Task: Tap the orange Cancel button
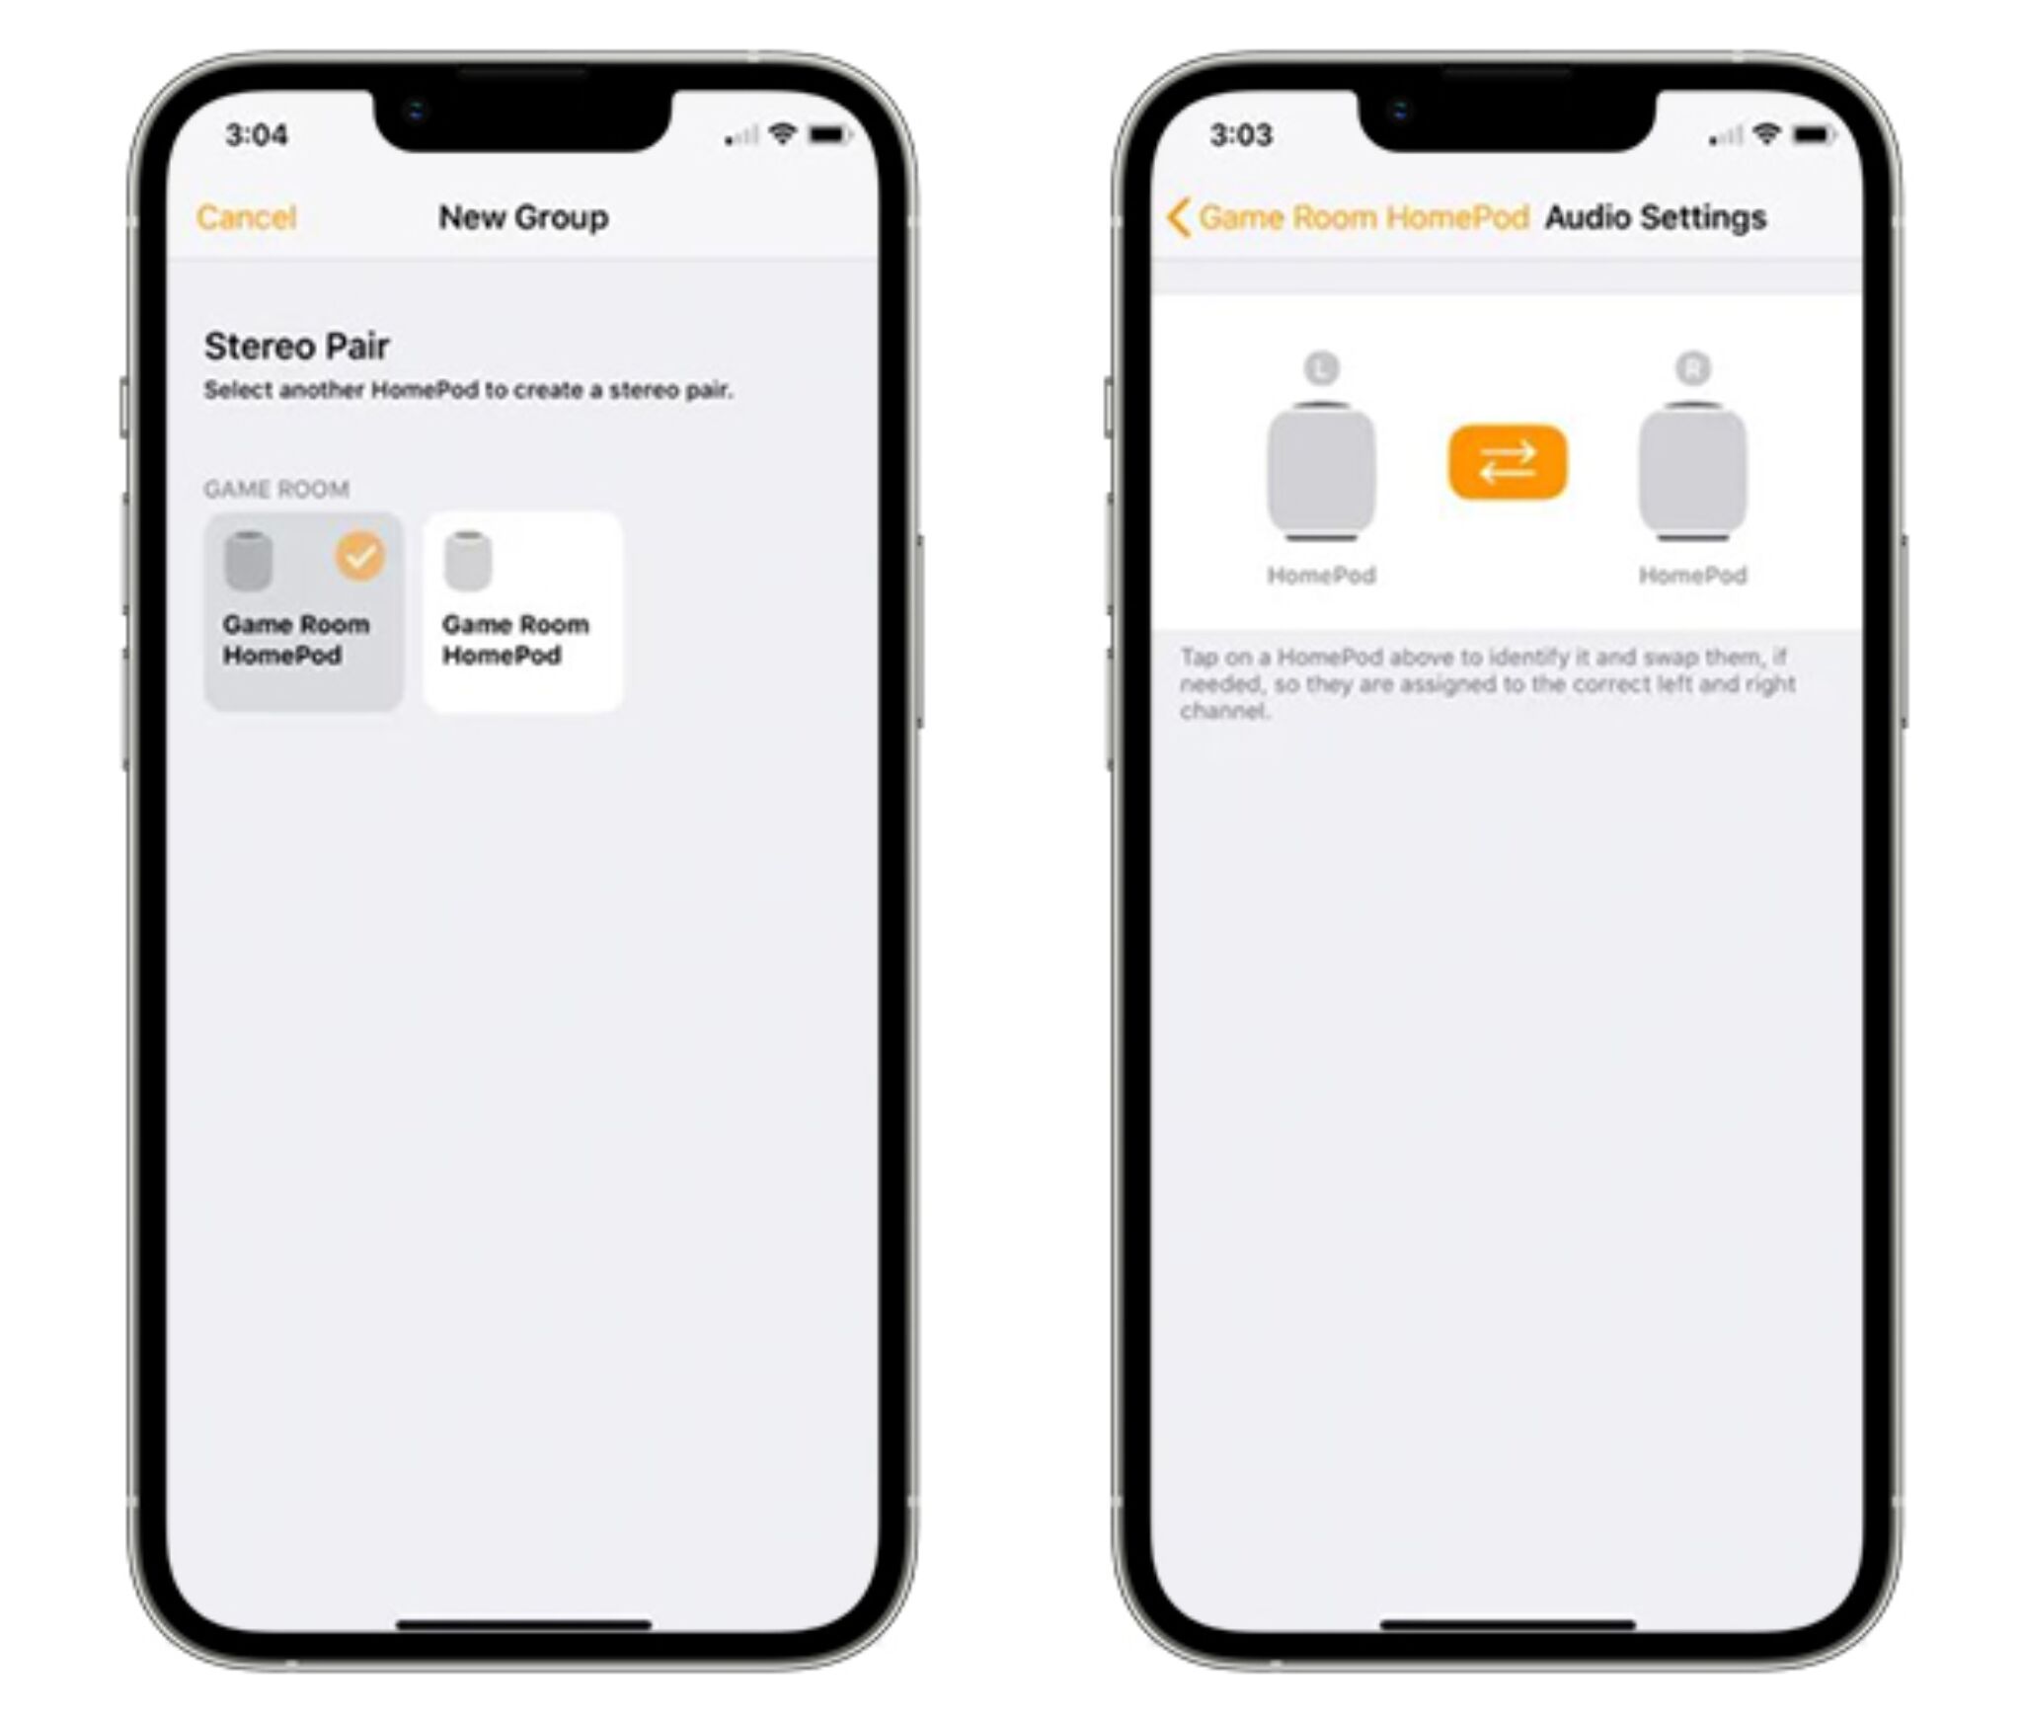[x=246, y=217]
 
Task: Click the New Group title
[x=523, y=217]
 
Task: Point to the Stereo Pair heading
[x=296, y=346]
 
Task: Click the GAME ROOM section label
[x=276, y=489]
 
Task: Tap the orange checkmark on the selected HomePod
[x=360, y=555]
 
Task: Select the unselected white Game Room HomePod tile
[x=522, y=612]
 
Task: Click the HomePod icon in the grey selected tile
[x=247, y=560]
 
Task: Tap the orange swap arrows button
[x=1507, y=462]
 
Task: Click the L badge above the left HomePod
[x=1321, y=368]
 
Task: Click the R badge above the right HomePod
[x=1693, y=368]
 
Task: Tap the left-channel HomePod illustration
[x=1321, y=472]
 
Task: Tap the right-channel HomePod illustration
[x=1693, y=472]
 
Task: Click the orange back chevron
[x=1177, y=217]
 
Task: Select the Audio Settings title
[x=1656, y=217]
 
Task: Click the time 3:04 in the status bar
[x=257, y=134]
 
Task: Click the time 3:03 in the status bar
[x=1241, y=134]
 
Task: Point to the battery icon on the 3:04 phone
[x=829, y=133]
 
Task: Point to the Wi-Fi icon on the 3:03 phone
[x=1767, y=133]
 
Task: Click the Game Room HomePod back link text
[x=1363, y=217]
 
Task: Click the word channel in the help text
[x=1223, y=711]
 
